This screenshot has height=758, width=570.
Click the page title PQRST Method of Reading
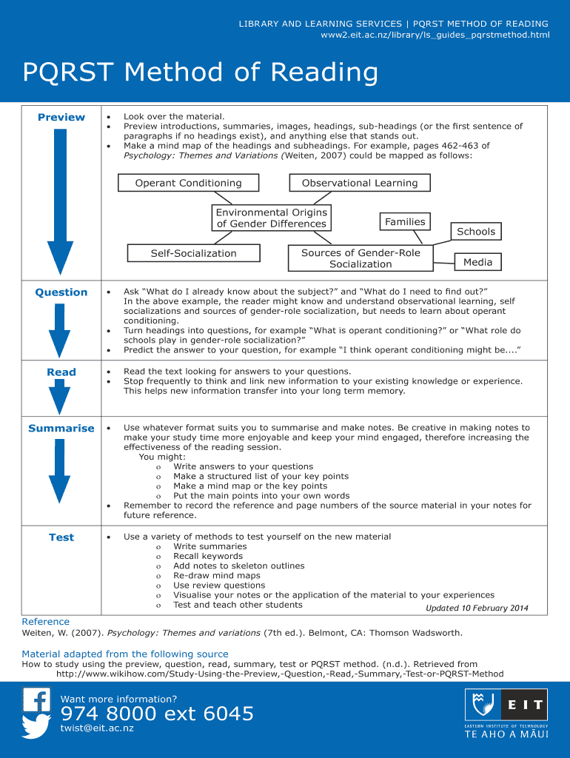coord(200,73)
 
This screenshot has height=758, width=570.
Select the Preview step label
coord(61,117)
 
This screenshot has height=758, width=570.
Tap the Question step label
coord(61,292)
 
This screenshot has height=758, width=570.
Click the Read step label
coord(61,372)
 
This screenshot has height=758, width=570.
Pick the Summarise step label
coord(61,429)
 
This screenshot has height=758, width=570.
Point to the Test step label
coord(61,537)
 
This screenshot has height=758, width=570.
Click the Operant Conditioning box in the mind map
coord(188,183)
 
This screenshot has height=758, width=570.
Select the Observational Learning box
coord(360,183)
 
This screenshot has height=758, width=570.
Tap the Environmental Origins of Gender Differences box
coord(271,218)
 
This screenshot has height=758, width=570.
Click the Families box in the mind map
coord(405,222)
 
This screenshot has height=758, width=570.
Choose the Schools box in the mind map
coord(475,232)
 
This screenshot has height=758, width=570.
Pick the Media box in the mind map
coord(477,262)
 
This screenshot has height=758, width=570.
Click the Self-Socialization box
coord(194,253)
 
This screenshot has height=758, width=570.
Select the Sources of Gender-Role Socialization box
coord(361,258)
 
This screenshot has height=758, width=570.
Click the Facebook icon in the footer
coord(36,700)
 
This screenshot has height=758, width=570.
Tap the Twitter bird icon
coord(36,727)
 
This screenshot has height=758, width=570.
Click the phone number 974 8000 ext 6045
coord(157,714)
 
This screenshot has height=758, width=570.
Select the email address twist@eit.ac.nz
coord(97,729)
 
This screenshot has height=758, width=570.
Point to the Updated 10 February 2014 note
coord(477,608)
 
